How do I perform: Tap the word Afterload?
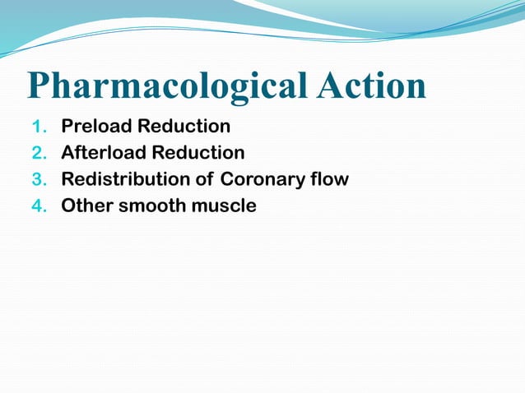tap(103, 153)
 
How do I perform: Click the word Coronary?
tap(261, 179)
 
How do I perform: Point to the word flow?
tap(329, 179)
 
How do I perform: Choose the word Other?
tap(87, 206)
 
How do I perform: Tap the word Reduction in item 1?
tap(184, 127)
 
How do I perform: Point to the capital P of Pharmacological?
tap(39, 86)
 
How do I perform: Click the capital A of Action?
tap(319, 85)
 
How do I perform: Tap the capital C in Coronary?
tap(228, 179)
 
